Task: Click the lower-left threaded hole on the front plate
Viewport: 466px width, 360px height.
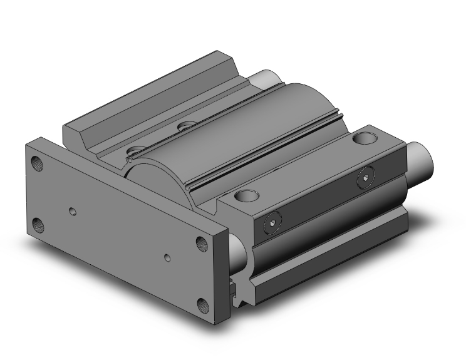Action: (x=39, y=223)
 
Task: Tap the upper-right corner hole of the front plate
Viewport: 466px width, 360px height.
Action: (x=203, y=243)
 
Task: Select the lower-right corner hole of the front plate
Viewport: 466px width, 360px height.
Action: (x=204, y=305)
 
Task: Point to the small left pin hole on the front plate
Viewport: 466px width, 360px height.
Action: (x=75, y=212)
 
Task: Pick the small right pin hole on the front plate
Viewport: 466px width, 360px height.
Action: (x=167, y=257)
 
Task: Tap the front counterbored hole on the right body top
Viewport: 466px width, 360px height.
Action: (x=247, y=196)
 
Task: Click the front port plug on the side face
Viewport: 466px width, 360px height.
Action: (x=271, y=222)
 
